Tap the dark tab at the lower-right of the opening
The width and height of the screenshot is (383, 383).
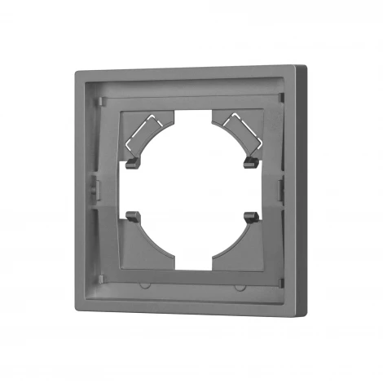(248, 218)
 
